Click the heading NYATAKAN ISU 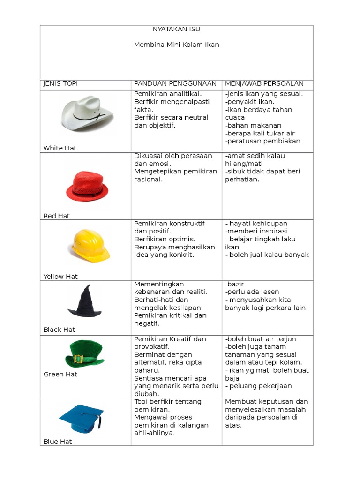click(176, 29)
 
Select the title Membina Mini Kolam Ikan click(176, 45)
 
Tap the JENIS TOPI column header click(60, 83)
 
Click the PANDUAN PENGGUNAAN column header click(175, 83)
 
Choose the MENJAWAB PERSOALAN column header click(264, 83)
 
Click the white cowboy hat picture click(87, 114)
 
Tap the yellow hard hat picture click(89, 245)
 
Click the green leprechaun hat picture click(85, 354)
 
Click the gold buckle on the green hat click(78, 360)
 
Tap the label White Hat click(60, 148)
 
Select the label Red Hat click(57, 216)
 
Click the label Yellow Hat click(60, 277)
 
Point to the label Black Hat click(59, 330)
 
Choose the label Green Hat click(60, 374)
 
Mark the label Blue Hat click(58, 441)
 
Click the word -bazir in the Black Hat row click(234, 284)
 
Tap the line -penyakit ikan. click(250, 102)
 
